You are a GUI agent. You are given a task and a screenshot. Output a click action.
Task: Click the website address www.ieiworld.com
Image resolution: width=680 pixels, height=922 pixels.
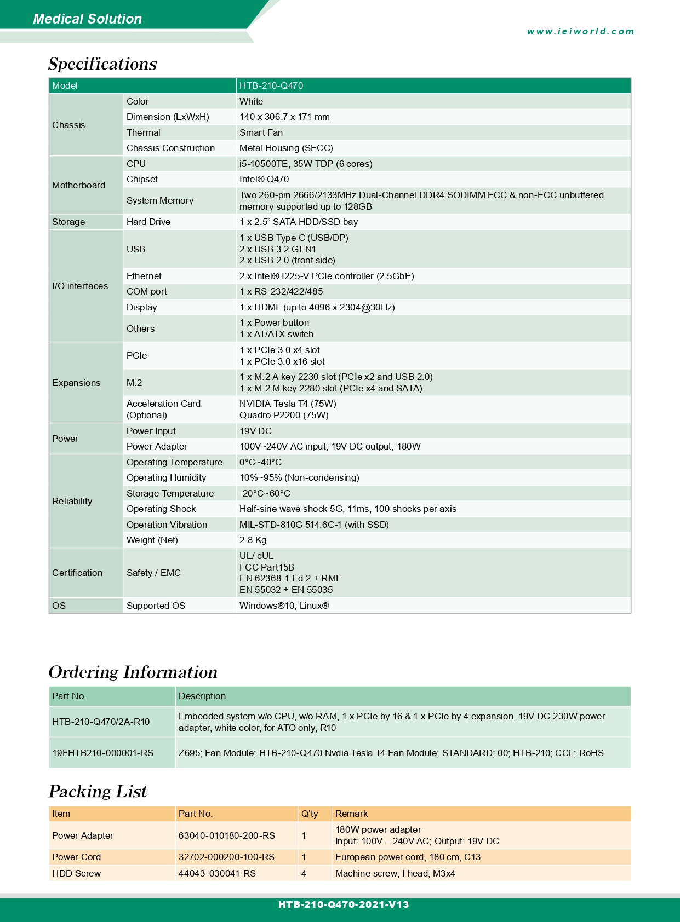click(580, 32)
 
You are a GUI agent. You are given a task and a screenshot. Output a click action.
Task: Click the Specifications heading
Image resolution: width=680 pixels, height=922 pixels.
click(102, 64)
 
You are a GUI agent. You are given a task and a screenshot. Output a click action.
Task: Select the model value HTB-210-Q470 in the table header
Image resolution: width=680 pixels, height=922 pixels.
click(271, 85)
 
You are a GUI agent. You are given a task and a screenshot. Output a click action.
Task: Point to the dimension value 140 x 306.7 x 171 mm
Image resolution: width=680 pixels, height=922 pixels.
click(284, 117)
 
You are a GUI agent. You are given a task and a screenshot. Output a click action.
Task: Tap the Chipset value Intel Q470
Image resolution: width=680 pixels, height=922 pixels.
click(264, 179)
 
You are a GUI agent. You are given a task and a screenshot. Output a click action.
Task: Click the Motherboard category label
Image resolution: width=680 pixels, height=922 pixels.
click(78, 185)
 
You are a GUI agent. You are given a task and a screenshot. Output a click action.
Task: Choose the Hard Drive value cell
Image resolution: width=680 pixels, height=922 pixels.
click(299, 222)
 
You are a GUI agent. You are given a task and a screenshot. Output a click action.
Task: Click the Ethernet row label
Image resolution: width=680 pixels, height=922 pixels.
click(144, 276)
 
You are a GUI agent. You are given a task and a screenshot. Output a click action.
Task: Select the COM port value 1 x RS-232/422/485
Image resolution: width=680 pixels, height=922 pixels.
click(281, 291)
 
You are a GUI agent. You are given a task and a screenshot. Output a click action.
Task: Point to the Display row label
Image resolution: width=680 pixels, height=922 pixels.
click(141, 307)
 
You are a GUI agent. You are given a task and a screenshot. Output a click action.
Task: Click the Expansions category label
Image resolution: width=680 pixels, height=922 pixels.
click(76, 383)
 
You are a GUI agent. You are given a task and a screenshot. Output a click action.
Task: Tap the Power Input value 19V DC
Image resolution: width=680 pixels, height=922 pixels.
click(255, 431)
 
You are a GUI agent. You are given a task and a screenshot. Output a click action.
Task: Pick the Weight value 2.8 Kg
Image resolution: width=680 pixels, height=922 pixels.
click(253, 540)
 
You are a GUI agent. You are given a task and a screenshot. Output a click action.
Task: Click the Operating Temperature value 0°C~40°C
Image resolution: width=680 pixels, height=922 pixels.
click(260, 462)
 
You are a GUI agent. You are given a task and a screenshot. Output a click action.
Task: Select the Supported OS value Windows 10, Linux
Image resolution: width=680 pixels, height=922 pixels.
click(284, 606)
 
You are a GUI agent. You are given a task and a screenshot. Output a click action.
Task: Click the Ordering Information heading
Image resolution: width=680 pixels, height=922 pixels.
click(133, 672)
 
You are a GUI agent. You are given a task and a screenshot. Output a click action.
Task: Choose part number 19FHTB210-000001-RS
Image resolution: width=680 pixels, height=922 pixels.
click(102, 753)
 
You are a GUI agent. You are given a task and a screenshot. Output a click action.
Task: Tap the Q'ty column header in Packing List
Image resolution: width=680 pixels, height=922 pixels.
click(310, 814)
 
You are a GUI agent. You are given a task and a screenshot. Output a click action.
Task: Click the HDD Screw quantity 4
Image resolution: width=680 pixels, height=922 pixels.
click(304, 873)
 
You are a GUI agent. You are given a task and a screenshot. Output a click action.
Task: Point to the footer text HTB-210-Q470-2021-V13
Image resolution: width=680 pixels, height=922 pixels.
click(344, 904)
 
